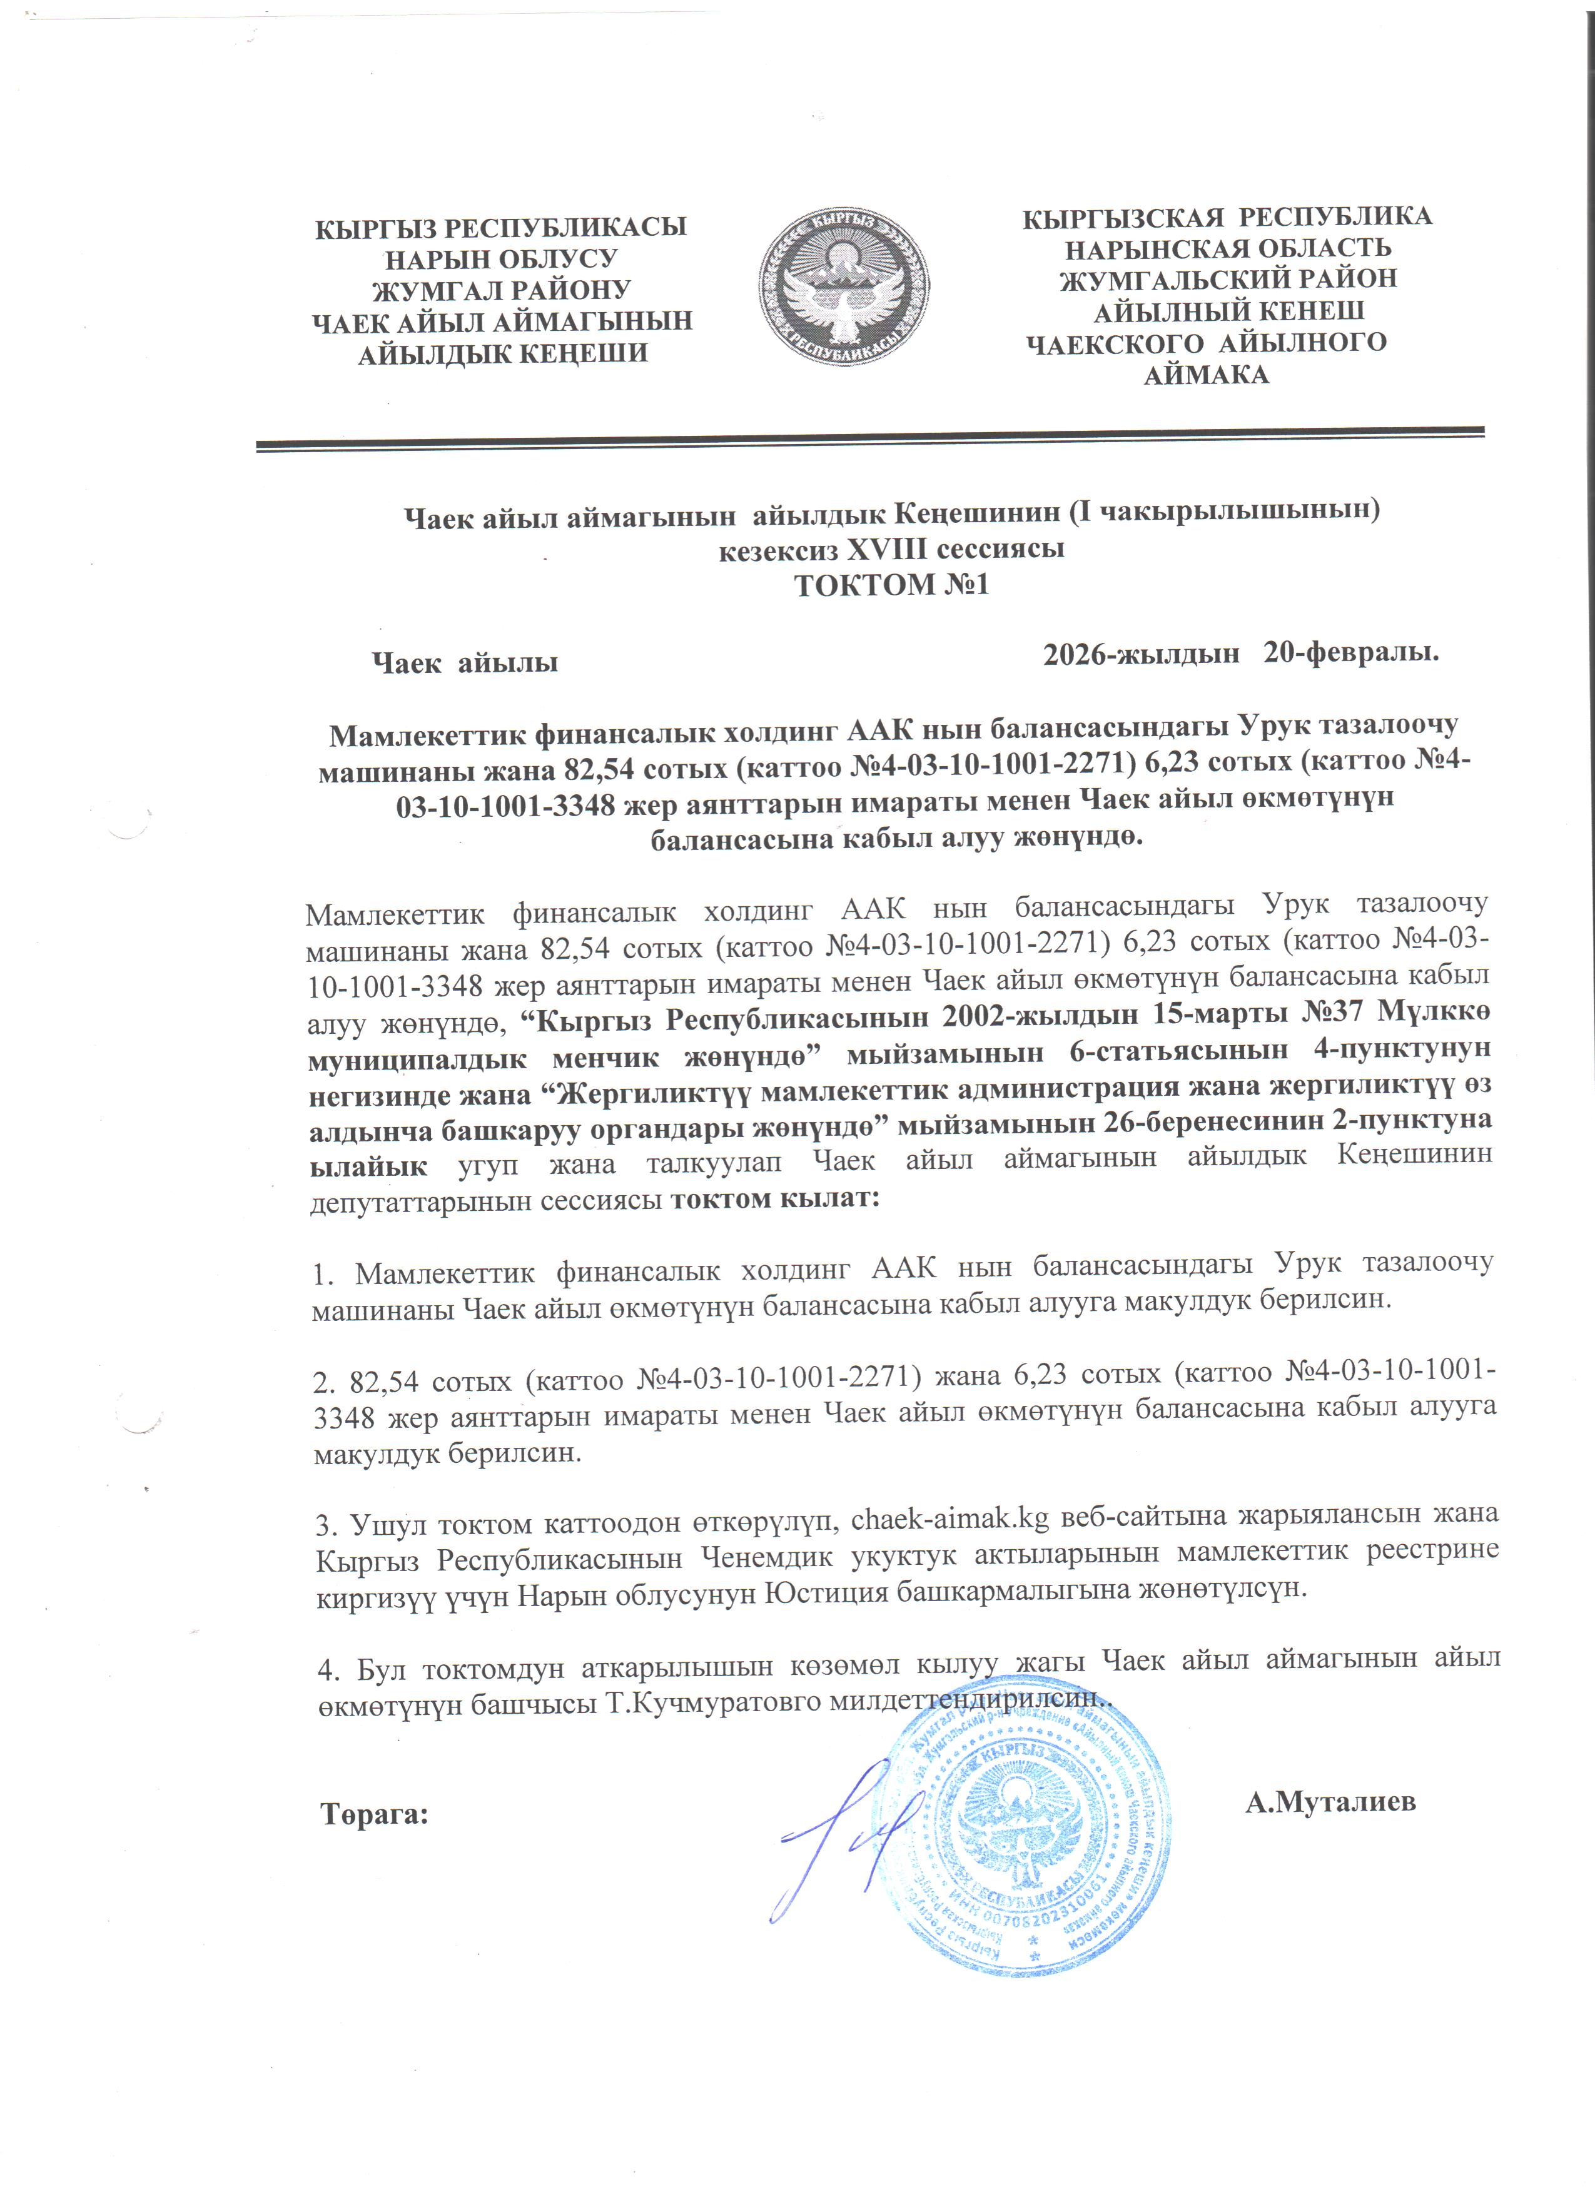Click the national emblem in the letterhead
point(843,288)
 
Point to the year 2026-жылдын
point(1142,654)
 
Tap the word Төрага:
point(374,1814)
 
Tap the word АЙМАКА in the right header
point(1205,375)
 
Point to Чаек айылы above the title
point(465,664)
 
